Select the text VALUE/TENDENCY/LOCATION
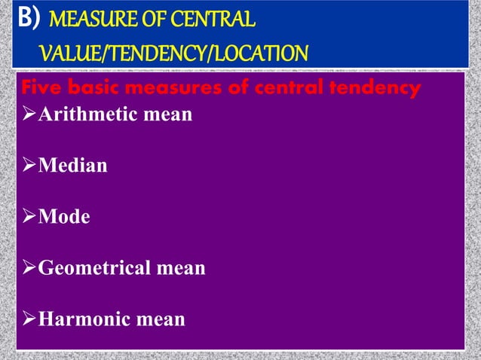click(173, 53)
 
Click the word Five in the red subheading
click(41, 89)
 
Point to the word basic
click(97, 89)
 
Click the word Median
click(72, 166)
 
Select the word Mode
click(64, 217)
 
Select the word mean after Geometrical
click(182, 268)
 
